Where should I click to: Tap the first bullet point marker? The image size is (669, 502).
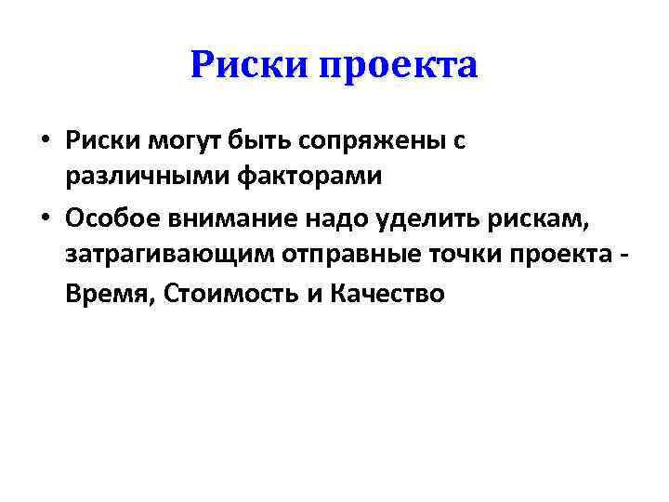(x=45, y=141)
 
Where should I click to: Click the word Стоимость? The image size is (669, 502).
(x=231, y=295)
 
